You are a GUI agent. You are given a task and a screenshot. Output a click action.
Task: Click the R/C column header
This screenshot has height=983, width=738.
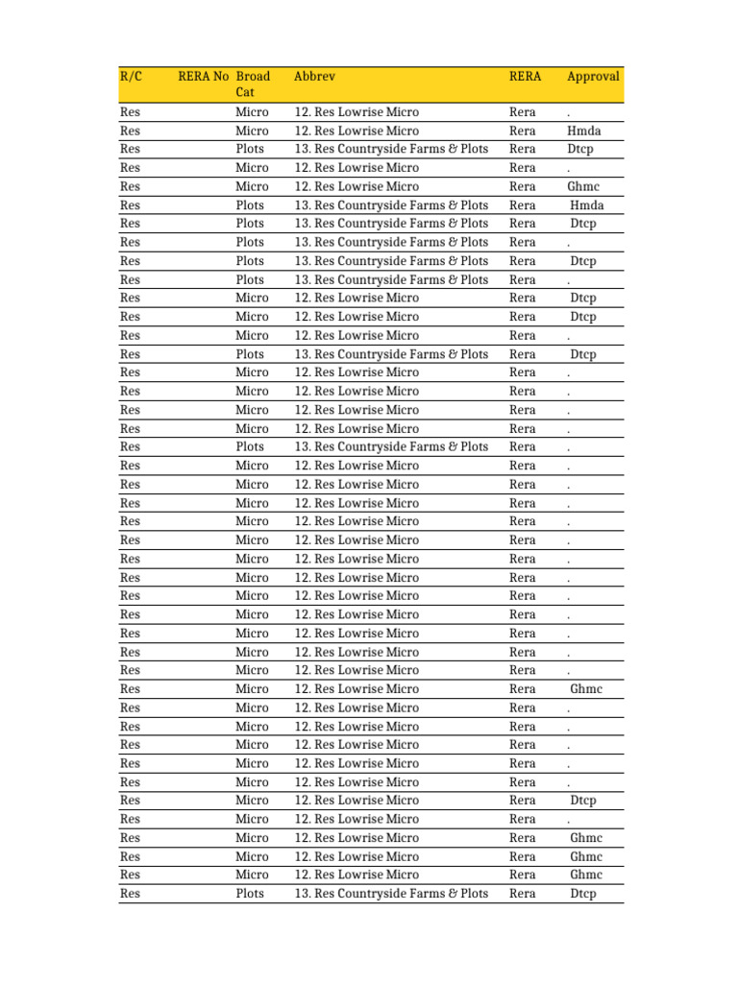131,77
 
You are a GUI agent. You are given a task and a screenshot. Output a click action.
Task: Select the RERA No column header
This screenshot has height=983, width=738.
204,77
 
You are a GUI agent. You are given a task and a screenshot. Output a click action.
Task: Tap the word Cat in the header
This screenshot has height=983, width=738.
246,93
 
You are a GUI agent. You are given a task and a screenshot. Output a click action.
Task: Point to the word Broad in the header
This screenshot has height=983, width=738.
254,77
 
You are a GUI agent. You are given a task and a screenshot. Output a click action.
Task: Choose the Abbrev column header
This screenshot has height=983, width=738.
314,77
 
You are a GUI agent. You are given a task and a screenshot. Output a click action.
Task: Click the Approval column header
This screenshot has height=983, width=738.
593,77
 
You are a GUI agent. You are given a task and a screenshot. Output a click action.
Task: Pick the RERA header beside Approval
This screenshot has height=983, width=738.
525,77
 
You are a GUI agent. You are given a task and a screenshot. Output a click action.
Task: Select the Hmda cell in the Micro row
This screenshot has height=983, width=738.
584,131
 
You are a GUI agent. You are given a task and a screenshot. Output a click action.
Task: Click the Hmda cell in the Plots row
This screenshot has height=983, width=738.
587,205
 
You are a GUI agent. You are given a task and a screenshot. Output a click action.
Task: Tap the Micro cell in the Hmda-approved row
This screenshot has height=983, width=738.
252,131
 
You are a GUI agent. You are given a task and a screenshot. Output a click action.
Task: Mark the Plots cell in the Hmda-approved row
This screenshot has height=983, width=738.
250,205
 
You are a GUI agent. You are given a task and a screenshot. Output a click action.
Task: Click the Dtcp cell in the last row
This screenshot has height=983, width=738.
581,894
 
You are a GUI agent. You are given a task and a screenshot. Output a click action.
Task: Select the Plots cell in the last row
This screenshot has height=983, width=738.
250,894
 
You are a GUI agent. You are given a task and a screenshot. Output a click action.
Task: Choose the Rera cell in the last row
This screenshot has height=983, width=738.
522,894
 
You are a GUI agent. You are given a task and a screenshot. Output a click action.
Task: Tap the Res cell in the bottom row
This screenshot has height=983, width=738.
131,894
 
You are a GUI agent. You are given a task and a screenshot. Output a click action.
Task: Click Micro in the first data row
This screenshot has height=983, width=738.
252,112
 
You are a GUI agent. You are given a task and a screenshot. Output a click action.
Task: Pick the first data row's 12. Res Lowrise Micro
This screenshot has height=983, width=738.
357,112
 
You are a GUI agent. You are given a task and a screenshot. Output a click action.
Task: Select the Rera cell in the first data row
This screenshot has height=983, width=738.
522,112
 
